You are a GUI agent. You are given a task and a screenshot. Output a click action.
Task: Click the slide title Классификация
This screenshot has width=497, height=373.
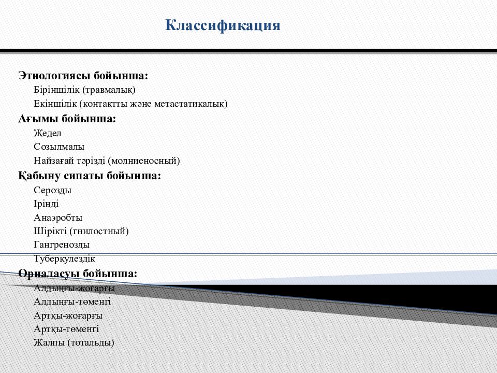[x=223, y=25]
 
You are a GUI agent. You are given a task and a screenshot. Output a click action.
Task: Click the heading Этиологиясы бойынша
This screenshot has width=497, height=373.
[x=83, y=76]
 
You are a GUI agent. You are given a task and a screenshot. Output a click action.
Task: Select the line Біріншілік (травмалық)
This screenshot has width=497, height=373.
[x=84, y=90]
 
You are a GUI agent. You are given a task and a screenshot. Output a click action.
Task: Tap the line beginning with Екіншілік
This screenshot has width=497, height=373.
[x=130, y=104]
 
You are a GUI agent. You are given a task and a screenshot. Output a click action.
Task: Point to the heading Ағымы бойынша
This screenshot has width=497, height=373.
[x=67, y=119]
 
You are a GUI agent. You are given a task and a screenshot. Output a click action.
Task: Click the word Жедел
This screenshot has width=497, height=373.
[x=48, y=133]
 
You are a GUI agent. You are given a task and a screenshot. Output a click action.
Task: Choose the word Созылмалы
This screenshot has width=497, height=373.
[x=59, y=147]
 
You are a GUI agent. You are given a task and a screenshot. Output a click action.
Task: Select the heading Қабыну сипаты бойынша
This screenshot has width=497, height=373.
[x=90, y=176]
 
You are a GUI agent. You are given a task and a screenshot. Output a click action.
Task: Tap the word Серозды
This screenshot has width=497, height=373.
[x=53, y=190]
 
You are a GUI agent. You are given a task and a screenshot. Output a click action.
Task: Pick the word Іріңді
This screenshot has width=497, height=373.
[x=46, y=204]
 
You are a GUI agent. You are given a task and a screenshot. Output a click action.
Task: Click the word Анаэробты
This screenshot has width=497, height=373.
[x=58, y=218]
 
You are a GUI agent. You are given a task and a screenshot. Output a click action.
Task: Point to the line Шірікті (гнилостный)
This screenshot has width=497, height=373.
[x=81, y=231]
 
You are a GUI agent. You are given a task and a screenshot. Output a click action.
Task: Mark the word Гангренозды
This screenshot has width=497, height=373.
[x=62, y=245]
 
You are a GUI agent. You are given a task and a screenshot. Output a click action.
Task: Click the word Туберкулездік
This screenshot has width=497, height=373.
[x=64, y=258]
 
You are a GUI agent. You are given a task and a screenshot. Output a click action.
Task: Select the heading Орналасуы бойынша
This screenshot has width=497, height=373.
[x=78, y=273]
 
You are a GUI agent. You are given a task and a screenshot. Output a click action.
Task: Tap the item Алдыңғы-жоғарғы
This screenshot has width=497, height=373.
[x=74, y=288]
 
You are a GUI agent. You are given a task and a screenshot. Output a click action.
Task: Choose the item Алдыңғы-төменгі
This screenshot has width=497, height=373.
[x=72, y=302]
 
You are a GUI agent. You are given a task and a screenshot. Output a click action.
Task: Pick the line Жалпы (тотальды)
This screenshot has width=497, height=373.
[x=74, y=342]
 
